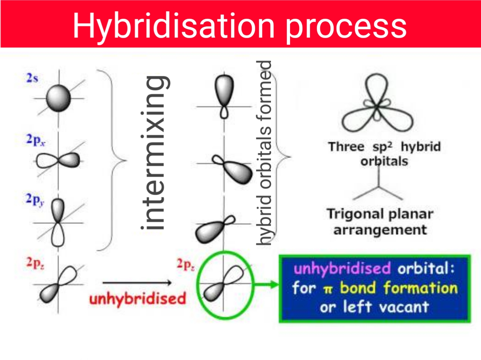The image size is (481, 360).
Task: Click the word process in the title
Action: point(346,26)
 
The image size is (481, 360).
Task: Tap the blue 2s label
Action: point(32,78)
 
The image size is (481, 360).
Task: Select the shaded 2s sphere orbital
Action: point(59,99)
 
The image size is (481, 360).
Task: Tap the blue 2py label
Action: point(35,200)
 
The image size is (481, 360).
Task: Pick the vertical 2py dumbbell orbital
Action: point(58,222)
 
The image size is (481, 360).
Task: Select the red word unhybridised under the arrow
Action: point(138,299)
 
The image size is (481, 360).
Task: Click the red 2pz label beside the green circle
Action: point(186,265)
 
